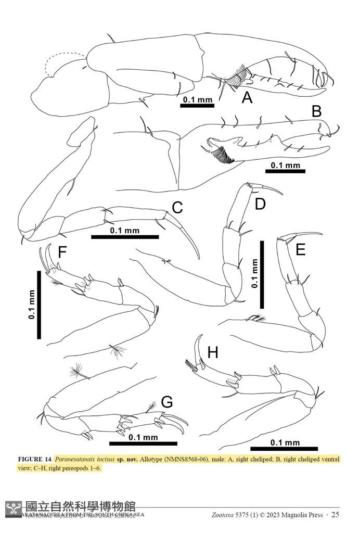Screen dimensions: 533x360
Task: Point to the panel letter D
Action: pyautogui.click(x=260, y=204)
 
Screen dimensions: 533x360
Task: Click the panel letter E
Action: pyautogui.click(x=300, y=251)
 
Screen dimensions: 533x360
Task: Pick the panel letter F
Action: pyautogui.click(x=62, y=252)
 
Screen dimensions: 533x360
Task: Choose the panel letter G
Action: pyautogui.click(x=167, y=402)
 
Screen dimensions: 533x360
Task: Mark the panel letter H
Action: pyautogui.click(x=212, y=353)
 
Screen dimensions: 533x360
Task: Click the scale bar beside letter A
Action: pyautogui.click(x=197, y=106)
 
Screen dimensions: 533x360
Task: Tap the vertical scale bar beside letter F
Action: pyautogui.click(x=39, y=304)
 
